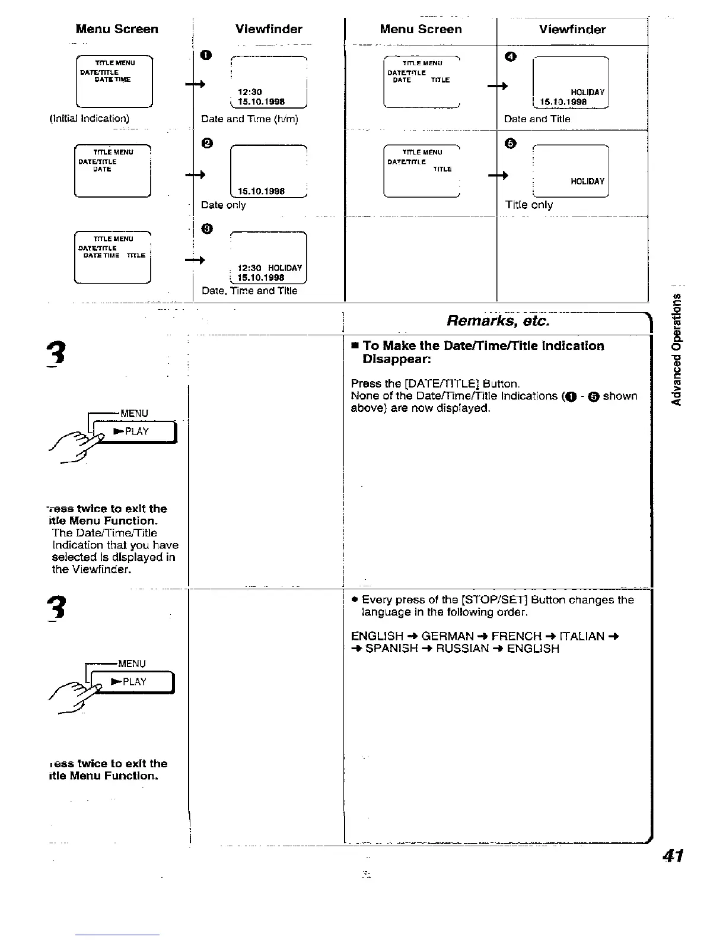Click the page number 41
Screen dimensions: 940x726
tap(673, 856)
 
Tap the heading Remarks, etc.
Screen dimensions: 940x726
tap(498, 321)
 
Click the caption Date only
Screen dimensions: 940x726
tap(223, 205)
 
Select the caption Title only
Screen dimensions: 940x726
tap(528, 205)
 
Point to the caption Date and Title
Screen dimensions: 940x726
tap(537, 119)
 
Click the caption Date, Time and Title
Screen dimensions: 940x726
tap(249, 291)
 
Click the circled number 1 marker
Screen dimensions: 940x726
tap(205, 56)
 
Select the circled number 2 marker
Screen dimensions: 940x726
tap(205, 142)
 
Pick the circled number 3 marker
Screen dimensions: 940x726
tap(205, 229)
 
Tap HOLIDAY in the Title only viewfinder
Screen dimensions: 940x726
tap(587, 182)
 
